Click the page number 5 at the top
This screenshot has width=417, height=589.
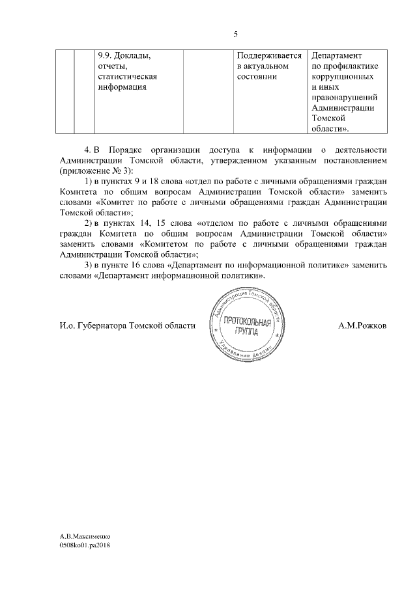pos(235,34)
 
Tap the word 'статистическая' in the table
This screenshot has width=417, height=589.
pos(127,77)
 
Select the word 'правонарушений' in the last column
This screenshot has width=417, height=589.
pos(345,98)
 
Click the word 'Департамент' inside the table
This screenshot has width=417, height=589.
pos(338,56)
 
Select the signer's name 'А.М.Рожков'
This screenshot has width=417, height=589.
pos(362,325)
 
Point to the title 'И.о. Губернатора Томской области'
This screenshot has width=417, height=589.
pos(127,325)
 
